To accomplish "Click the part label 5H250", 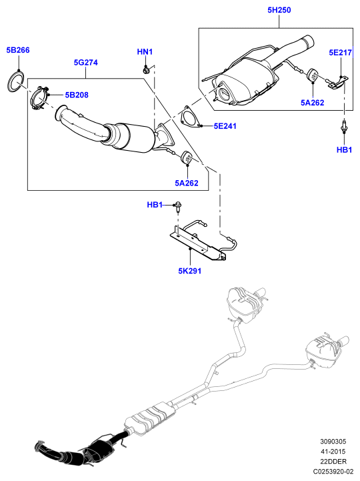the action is [279, 10].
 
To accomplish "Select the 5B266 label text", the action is [18, 50].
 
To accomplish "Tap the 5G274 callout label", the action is [86, 63].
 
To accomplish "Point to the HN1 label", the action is [145, 52].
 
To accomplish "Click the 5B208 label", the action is [77, 95].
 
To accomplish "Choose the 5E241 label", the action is [225, 126].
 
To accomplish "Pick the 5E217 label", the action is [341, 53].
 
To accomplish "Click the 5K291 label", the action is [190, 271].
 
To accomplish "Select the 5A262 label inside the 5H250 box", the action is [313, 103].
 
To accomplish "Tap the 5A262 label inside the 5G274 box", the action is [187, 183].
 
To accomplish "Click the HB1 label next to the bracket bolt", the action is [155, 205].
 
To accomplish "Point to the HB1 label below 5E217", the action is [344, 150].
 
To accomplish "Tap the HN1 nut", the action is [146, 70].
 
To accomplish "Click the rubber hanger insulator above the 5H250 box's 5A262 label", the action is [312, 75].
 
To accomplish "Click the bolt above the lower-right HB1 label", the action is [345, 126].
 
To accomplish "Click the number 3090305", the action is [333, 442].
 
